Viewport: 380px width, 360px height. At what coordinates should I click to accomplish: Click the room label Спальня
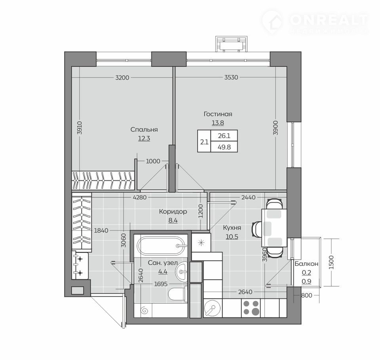tap(144, 130)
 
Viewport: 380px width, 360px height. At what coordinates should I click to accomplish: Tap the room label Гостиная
tap(218, 114)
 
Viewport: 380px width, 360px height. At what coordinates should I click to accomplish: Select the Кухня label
tap(232, 228)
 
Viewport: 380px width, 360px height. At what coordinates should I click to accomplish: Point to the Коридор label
tap(173, 212)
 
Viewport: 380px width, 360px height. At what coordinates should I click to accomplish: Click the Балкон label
tap(306, 263)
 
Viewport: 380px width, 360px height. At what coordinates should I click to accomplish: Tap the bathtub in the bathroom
tap(162, 246)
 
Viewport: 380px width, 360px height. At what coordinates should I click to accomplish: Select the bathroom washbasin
tap(182, 271)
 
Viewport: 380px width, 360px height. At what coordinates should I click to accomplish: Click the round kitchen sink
tap(212, 308)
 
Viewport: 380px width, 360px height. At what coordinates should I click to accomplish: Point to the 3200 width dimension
tap(122, 78)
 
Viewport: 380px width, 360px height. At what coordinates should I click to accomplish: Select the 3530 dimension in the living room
tap(231, 78)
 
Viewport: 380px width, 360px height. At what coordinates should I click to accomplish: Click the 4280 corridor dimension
tap(140, 197)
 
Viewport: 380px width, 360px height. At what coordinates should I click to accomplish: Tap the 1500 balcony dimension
tap(332, 262)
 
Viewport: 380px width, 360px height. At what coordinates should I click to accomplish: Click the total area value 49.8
tap(224, 147)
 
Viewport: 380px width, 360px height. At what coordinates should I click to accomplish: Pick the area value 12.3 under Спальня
tap(144, 138)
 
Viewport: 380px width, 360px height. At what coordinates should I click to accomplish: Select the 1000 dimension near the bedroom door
tap(153, 161)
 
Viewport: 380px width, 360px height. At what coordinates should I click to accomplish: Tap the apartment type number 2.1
tap(204, 142)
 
